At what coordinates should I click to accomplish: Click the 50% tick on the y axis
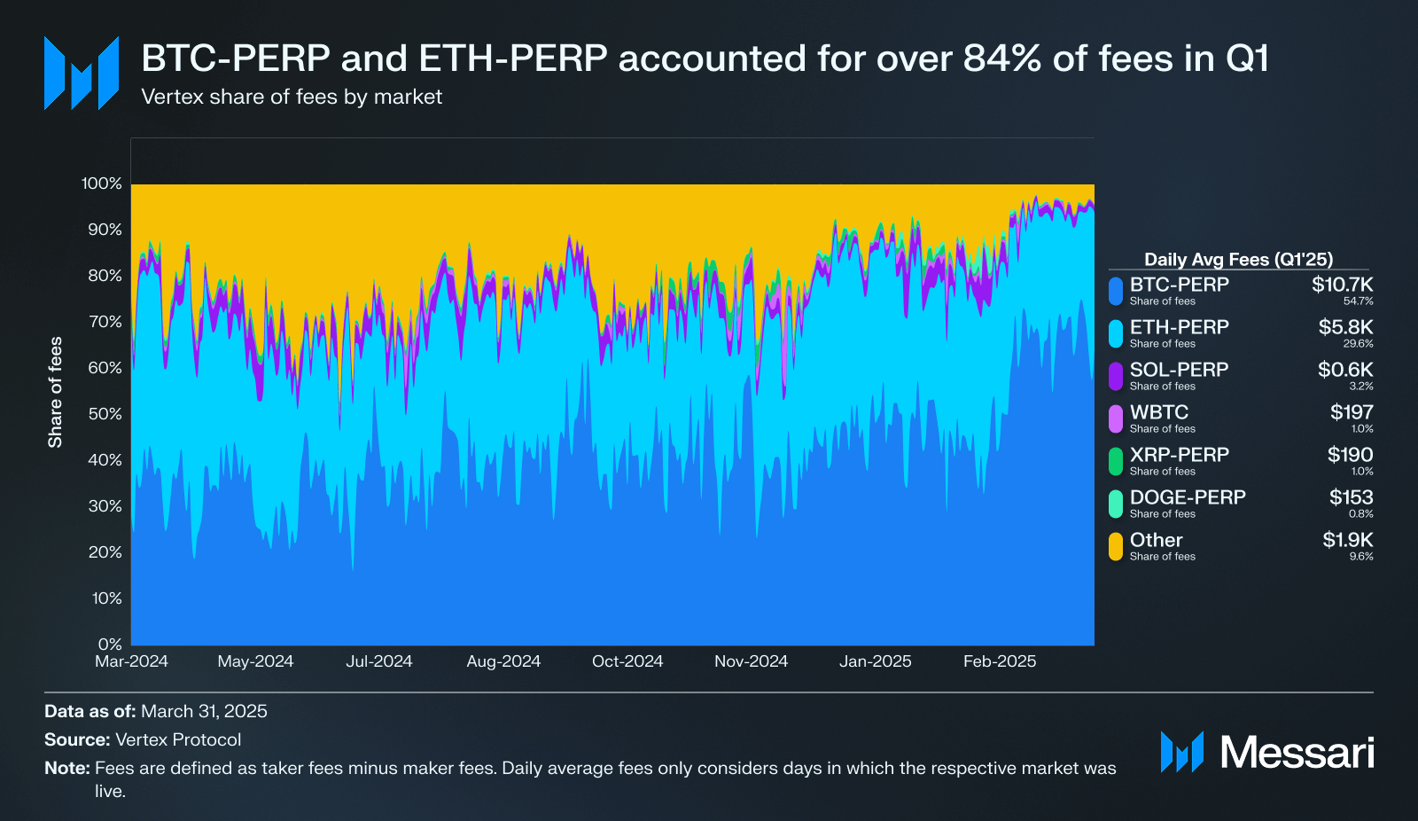click(x=105, y=414)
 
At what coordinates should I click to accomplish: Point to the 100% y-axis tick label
click(x=101, y=184)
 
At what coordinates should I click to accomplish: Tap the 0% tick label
click(x=110, y=645)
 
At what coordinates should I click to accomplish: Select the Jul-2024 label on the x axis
click(x=379, y=661)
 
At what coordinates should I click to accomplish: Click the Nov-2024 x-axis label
click(x=751, y=661)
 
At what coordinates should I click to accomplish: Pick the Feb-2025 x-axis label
click(x=1000, y=661)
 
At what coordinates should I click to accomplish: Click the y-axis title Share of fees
click(x=56, y=392)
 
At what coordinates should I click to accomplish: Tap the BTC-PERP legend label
click(x=1179, y=285)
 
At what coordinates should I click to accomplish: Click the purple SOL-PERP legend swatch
click(x=1116, y=375)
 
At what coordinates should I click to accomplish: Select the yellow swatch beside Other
click(x=1116, y=545)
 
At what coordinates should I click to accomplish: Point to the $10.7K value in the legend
click(x=1342, y=285)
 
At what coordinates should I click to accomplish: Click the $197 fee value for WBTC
click(x=1352, y=412)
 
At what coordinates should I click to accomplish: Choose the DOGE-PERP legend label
click(x=1188, y=497)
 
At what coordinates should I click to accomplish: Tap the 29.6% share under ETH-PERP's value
click(x=1359, y=344)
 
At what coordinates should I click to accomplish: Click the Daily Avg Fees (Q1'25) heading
click(x=1238, y=260)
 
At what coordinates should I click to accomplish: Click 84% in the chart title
click(x=1002, y=59)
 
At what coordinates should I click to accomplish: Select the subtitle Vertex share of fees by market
click(x=292, y=97)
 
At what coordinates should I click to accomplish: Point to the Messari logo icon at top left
click(x=82, y=74)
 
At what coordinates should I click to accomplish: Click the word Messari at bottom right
click(x=1297, y=753)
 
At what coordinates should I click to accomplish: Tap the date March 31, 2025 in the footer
click(x=204, y=711)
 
